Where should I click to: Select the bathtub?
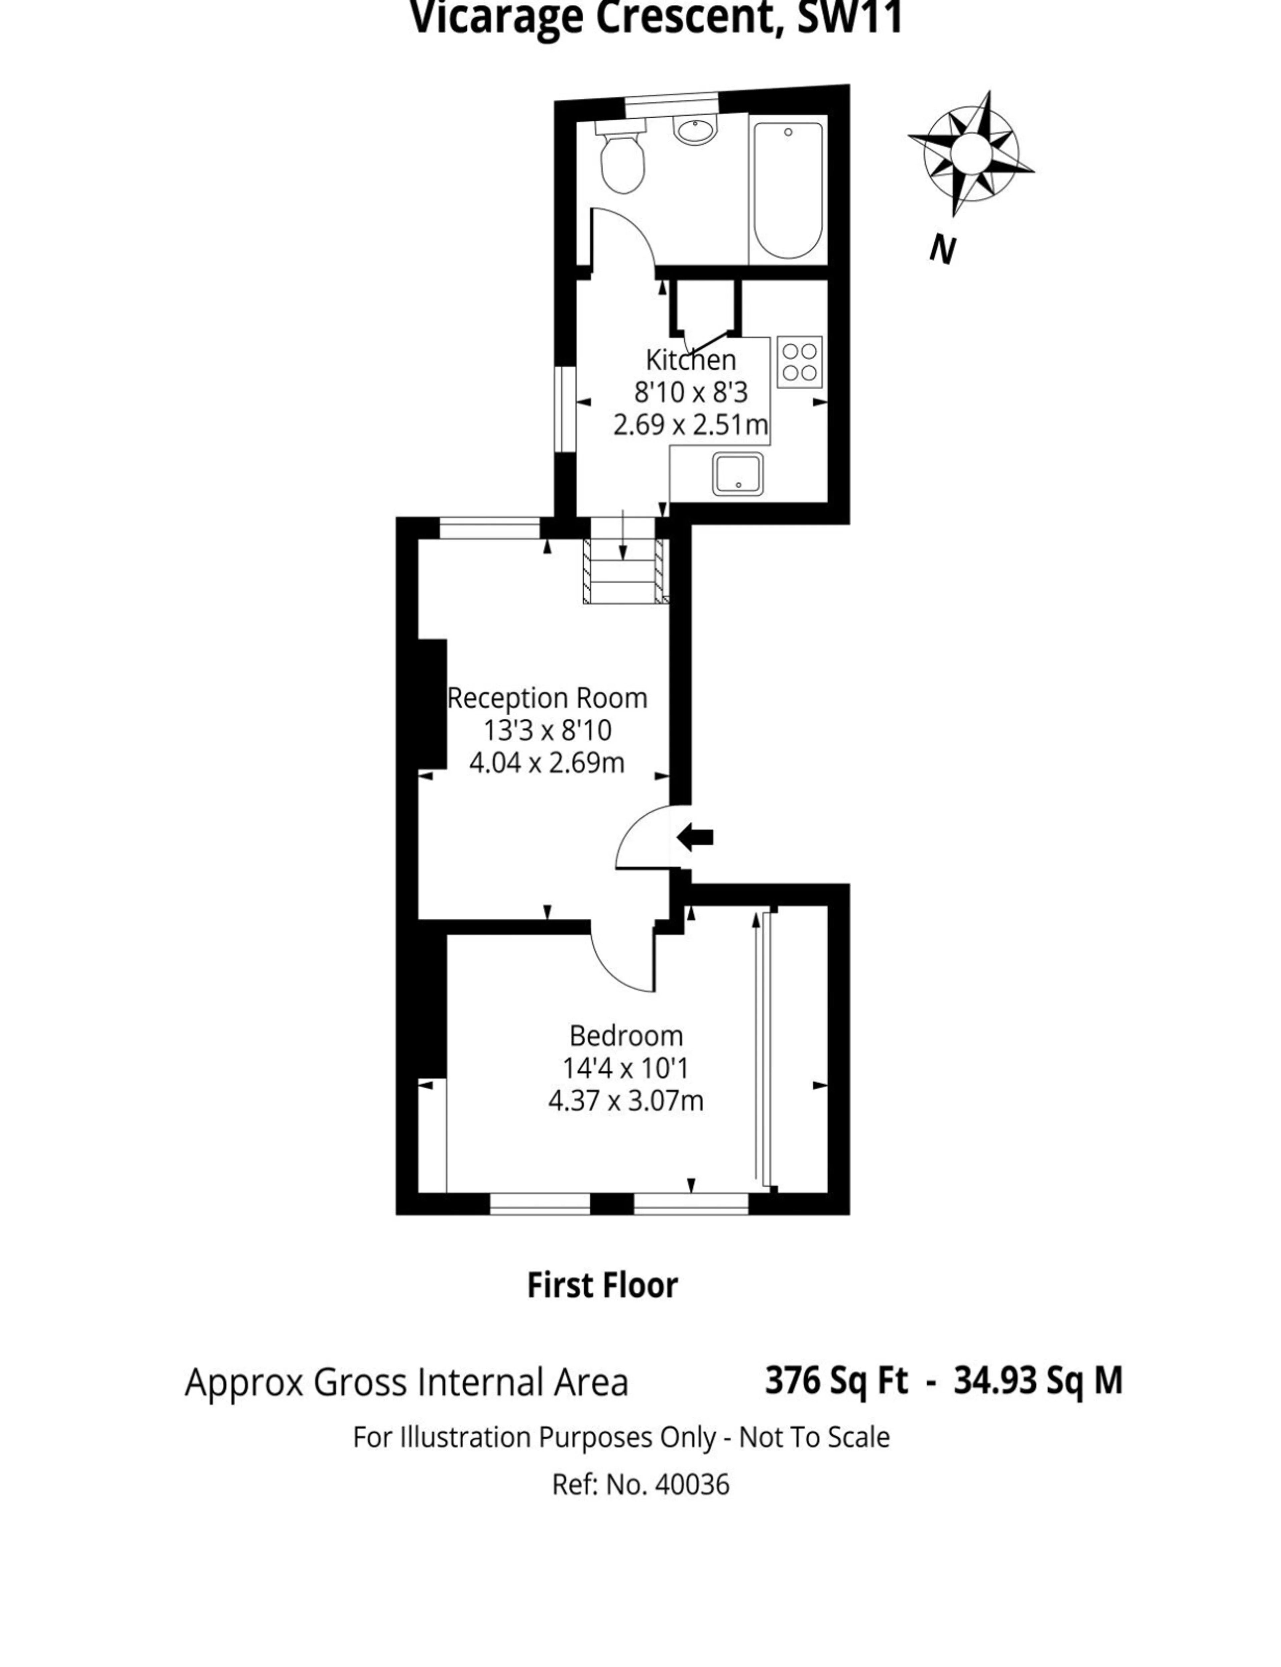click(788, 190)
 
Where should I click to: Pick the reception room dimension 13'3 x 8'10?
click(547, 730)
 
